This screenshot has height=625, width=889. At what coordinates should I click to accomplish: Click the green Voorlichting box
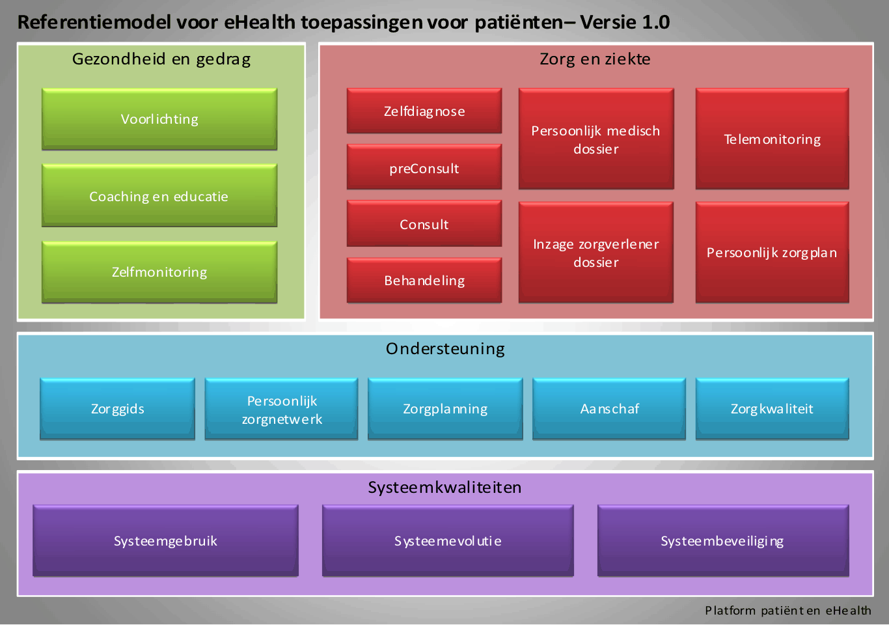(x=159, y=119)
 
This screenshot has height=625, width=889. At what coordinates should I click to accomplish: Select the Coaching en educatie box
(x=159, y=195)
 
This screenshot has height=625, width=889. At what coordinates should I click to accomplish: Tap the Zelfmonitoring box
(x=159, y=272)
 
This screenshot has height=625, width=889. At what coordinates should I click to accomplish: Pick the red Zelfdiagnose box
(x=424, y=111)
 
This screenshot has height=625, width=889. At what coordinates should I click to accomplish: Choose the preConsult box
(x=424, y=167)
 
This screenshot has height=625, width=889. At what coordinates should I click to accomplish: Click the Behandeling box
(x=424, y=281)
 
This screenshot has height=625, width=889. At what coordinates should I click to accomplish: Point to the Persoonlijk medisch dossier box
(x=596, y=139)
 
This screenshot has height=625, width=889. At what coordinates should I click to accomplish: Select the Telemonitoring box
(x=773, y=139)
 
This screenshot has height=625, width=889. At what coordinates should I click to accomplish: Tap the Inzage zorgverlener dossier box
(x=596, y=253)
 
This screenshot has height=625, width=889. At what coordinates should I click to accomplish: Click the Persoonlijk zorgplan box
(x=773, y=253)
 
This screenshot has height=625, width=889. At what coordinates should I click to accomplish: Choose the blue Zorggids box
(x=118, y=409)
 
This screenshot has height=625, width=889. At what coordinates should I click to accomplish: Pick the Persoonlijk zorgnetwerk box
(x=281, y=409)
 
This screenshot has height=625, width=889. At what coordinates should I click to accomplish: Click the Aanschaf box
(x=609, y=409)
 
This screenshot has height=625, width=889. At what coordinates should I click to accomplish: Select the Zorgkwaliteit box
(x=773, y=409)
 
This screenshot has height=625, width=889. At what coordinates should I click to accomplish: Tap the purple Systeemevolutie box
(x=448, y=541)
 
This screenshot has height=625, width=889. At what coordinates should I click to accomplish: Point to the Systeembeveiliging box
(x=723, y=541)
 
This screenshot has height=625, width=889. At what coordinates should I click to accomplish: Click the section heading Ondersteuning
(x=445, y=349)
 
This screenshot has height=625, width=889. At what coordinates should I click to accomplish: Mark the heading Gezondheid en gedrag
(x=161, y=59)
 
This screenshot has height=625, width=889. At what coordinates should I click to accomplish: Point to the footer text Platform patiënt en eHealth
(x=788, y=610)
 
